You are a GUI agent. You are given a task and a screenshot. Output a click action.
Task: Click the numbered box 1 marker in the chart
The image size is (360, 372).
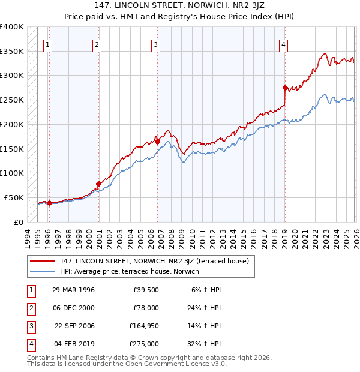[47, 44]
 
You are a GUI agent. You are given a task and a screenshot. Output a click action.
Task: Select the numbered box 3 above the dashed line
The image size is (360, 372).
[155, 44]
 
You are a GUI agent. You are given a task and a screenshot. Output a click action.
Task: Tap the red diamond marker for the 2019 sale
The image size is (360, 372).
[285, 88]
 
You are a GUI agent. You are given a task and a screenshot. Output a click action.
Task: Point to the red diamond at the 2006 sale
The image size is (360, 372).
[157, 142]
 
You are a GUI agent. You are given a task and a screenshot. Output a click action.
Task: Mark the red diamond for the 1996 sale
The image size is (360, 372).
[49, 203]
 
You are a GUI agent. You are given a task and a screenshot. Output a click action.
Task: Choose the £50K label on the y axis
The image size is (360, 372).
[14, 197]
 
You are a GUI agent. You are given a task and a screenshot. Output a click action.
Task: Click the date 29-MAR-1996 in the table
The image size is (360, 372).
[73, 290]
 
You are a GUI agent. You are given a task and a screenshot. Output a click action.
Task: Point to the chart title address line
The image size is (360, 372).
[180, 7]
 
